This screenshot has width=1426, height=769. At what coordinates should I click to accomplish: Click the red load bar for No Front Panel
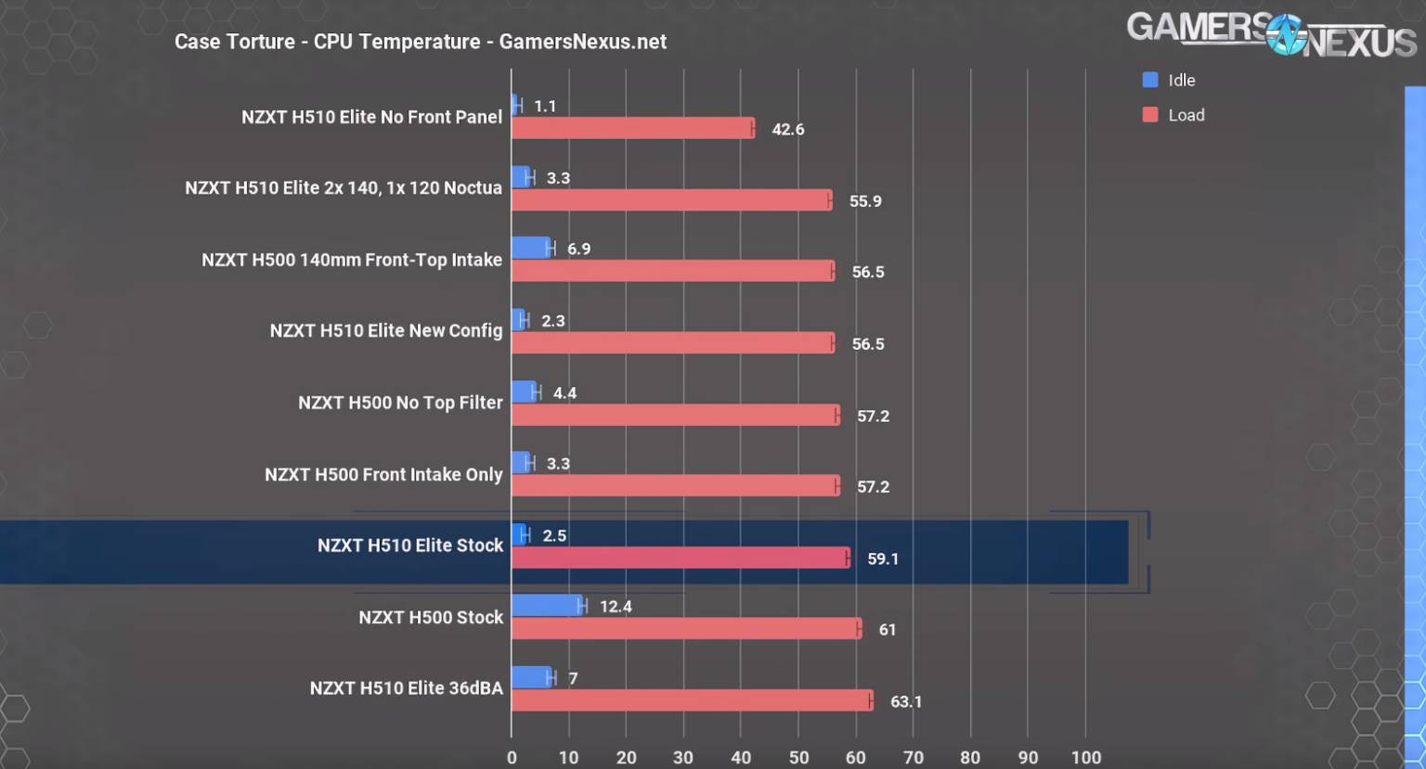[x=632, y=128]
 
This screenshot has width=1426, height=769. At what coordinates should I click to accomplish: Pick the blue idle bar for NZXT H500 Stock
[x=547, y=606]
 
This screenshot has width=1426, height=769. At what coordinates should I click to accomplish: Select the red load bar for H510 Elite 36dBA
[x=692, y=700]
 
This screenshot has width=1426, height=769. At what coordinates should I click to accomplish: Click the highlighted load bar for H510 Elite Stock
[x=680, y=558]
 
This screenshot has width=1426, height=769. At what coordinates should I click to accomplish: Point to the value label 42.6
[x=787, y=129]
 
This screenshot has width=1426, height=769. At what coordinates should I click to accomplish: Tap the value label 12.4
[x=616, y=607]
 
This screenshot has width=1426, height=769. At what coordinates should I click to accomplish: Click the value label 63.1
[x=906, y=701]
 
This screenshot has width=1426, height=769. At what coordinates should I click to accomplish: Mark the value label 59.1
[x=883, y=558]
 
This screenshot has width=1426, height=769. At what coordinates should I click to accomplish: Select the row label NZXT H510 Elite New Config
[x=386, y=331]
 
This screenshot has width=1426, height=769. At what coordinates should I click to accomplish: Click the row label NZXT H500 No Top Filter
[x=400, y=403]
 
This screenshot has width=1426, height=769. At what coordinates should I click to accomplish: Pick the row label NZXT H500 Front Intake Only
[x=383, y=475]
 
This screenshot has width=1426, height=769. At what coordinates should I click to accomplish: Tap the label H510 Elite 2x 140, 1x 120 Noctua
[x=344, y=188]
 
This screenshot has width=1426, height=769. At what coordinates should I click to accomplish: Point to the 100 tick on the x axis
[x=1085, y=757]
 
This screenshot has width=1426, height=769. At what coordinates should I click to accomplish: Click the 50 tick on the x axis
[x=798, y=757]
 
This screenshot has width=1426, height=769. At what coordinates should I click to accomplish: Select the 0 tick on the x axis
[x=512, y=757]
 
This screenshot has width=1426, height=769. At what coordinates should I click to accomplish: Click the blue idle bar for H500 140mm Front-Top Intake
[x=531, y=248]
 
